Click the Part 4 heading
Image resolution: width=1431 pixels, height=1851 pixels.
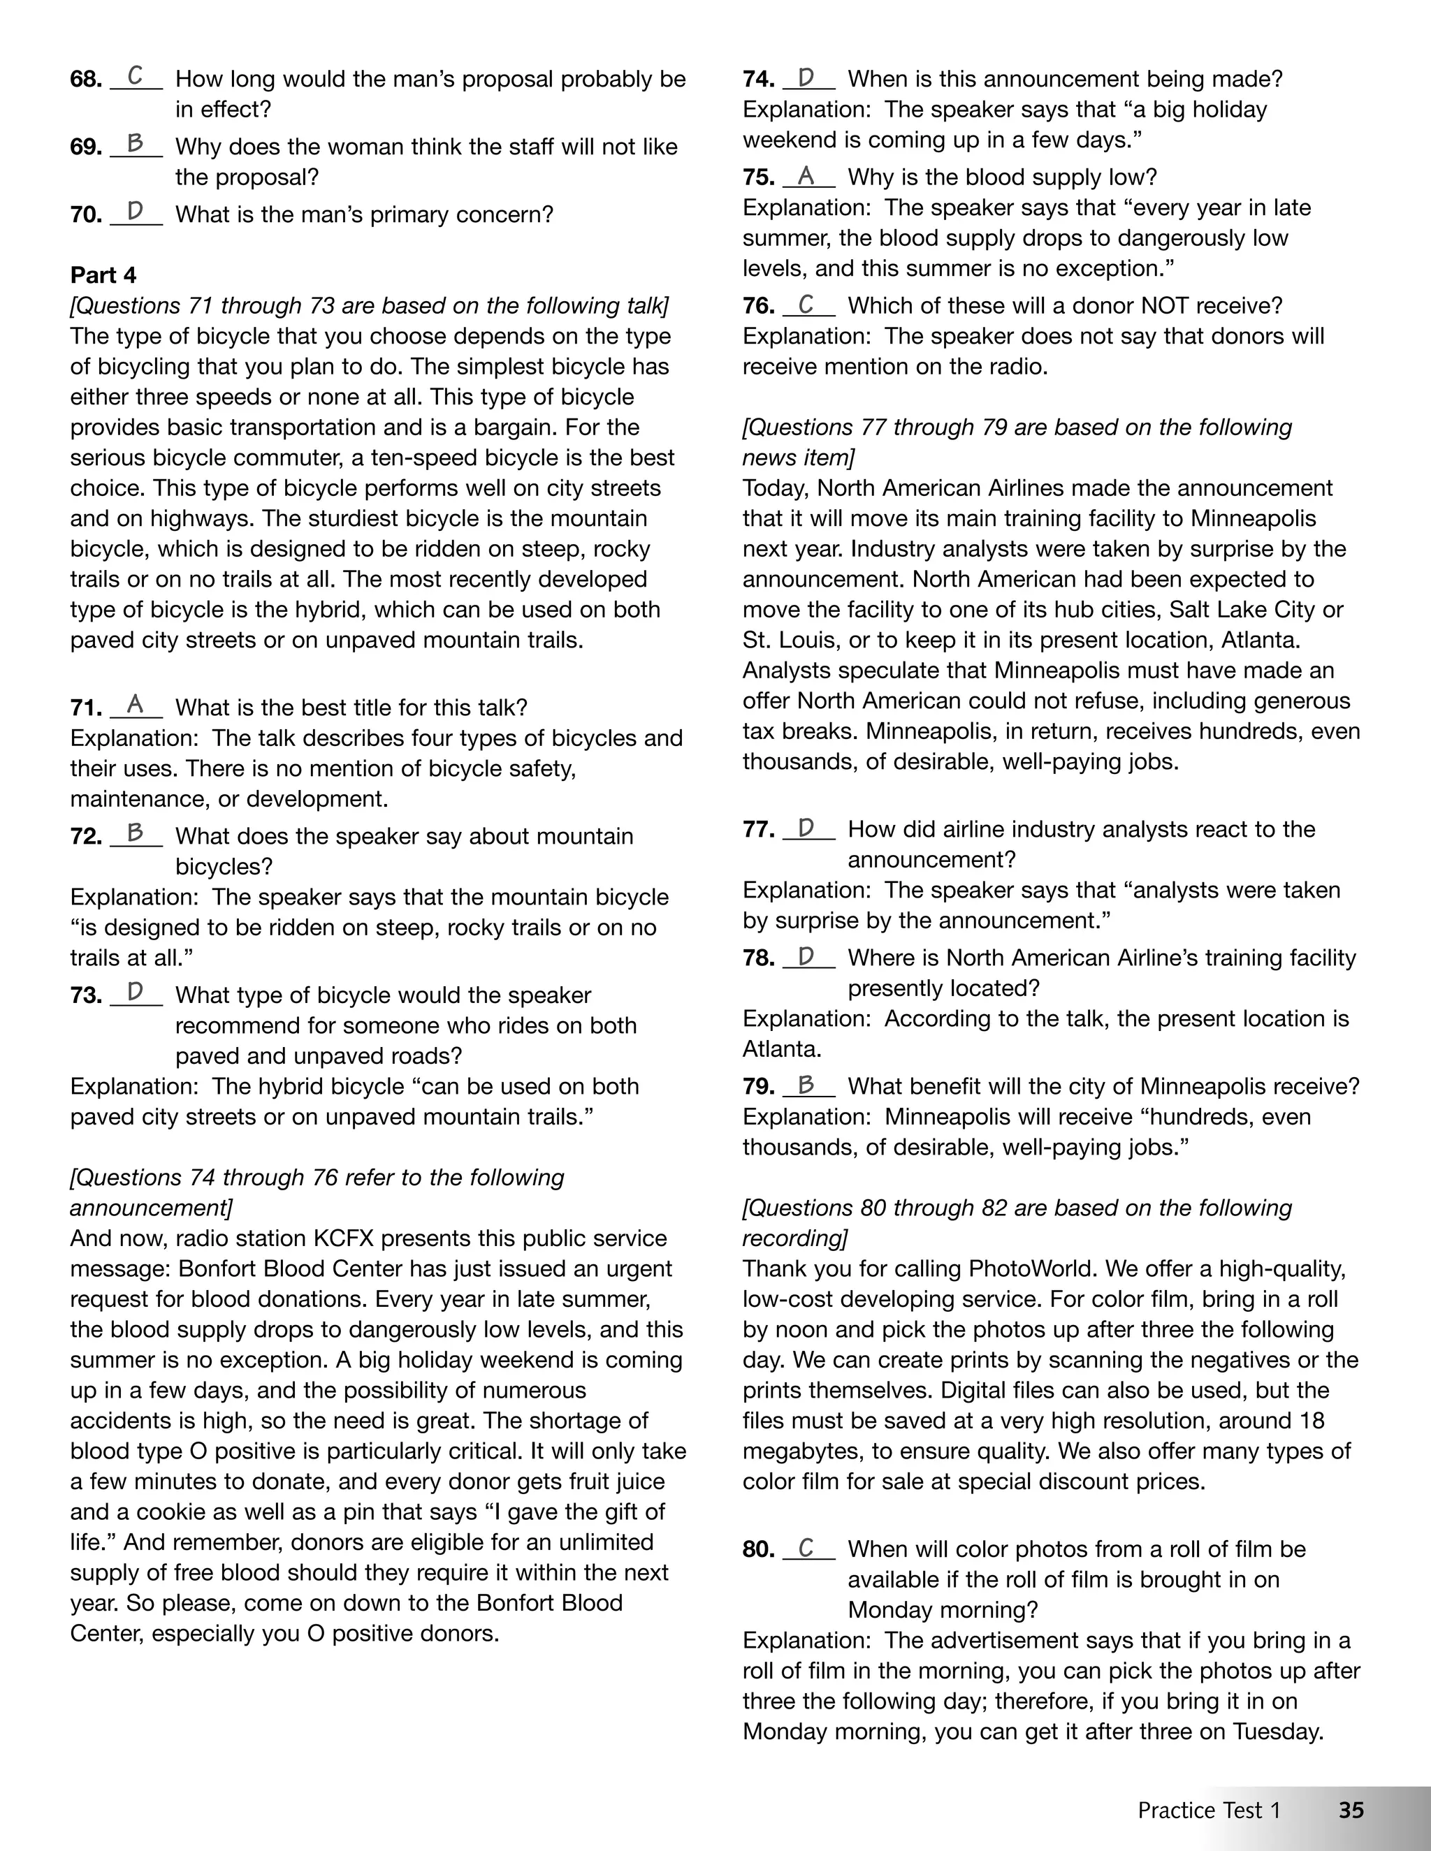[x=103, y=275]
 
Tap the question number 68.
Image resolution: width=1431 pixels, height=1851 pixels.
[x=86, y=80]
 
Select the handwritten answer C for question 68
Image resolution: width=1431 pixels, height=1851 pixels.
[x=135, y=76]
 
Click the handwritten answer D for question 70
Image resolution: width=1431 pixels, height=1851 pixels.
[x=135, y=211]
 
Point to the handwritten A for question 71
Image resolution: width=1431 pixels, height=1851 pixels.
[x=135, y=704]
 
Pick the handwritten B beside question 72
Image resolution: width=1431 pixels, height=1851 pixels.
[x=135, y=833]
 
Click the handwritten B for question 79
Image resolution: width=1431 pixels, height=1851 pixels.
[x=806, y=1084]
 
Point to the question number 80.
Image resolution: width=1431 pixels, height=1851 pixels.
[x=759, y=1549]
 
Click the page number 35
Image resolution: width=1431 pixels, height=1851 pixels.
[x=1351, y=1810]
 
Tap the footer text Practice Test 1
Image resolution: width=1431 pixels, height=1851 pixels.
[x=1209, y=1810]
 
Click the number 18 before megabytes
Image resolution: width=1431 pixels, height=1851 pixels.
[x=1311, y=1421]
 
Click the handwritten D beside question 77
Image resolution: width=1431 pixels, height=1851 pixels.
[x=806, y=827]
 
